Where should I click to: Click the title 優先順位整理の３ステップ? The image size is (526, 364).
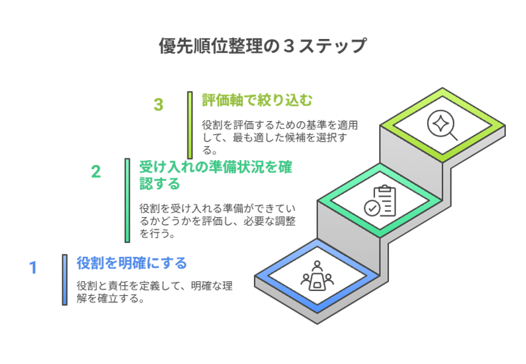point(262,46)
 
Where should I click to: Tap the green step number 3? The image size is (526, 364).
point(159,105)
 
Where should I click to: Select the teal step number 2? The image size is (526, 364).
point(96,172)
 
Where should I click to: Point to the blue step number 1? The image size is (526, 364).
point(33,267)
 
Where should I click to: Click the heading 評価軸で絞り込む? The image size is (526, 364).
point(258,100)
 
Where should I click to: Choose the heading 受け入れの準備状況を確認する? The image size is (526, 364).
point(216,175)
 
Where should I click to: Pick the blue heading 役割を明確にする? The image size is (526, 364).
point(131,263)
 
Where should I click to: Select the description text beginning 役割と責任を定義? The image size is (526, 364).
point(155,292)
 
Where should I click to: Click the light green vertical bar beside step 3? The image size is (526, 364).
point(190,125)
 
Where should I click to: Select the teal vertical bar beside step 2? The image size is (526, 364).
point(127,200)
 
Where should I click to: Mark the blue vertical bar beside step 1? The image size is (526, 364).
point(65,279)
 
